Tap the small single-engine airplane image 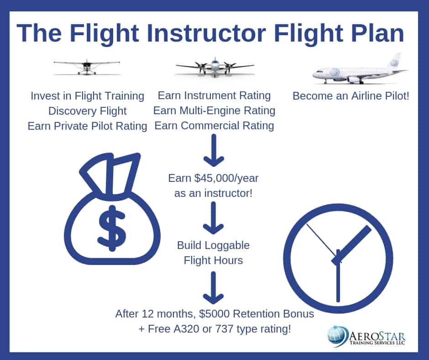coord(87,67)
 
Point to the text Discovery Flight coord(87,111)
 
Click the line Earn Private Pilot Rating coord(87,126)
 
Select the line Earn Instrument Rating coord(214,95)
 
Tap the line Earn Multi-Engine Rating coord(214,111)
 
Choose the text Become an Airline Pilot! coord(351,96)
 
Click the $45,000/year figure coord(226,178)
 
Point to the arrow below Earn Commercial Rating coord(214,150)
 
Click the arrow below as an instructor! coord(214,218)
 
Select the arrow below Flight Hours coord(214,288)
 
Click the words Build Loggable coord(214,245)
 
